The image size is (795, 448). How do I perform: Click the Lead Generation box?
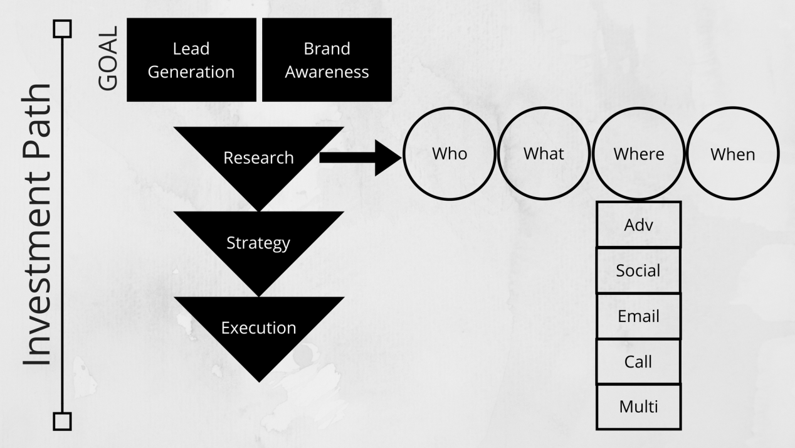191,60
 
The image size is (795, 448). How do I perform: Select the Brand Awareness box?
327,60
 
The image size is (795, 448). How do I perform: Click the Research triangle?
258,157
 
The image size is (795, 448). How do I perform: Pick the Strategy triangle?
258,243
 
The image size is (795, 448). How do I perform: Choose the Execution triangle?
258,328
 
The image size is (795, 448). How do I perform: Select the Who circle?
450,154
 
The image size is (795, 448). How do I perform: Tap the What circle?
544,154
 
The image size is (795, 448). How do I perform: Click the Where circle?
638,154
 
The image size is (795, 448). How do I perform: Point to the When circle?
732,154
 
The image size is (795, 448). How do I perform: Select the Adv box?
638,225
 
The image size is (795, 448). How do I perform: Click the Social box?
638,270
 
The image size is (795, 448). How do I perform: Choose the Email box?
638,316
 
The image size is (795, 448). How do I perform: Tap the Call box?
638,362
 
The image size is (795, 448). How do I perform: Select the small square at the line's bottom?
63,421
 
